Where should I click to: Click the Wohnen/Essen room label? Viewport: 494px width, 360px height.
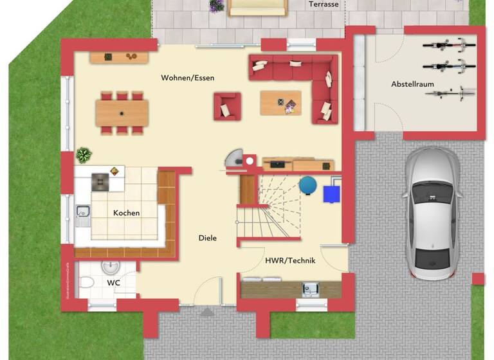pyautogui.click(x=187, y=78)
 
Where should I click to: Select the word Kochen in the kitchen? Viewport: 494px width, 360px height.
pyautogui.click(x=126, y=213)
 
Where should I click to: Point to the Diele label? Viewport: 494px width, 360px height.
pyautogui.click(x=207, y=238)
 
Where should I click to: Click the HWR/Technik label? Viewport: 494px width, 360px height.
pyautogui.click(x=289, y=261)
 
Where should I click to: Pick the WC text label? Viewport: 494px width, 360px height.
pyautogui.click(x=113, y=282)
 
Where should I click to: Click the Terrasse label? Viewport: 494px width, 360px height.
pyautogui.click(x=323, y=4)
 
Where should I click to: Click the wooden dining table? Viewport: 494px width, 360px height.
pyautogui.click(x=122, y=113)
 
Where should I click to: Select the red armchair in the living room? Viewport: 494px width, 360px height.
pyautogui.click(x=227, y=107)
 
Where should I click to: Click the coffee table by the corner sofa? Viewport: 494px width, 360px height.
pyautogui.click(x=280, y=103)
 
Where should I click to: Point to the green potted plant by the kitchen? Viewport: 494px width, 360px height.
pyautogui.click(x=83, y=155)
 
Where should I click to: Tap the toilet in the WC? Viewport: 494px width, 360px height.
pyautogui.click(x=87, y=282)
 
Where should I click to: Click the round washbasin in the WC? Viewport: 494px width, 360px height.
pyautogui.click(x=111, y=265)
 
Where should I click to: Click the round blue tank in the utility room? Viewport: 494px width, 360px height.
pyautogui.click(x=308, y=185)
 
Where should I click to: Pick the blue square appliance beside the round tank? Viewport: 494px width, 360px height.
pyautogui.click(x=332, y=192)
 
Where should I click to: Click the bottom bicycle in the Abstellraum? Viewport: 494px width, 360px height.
pyautogui.click(x=449, y=94)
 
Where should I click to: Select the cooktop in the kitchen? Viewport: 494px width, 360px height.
pyautogui.click(x=100, y=182)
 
